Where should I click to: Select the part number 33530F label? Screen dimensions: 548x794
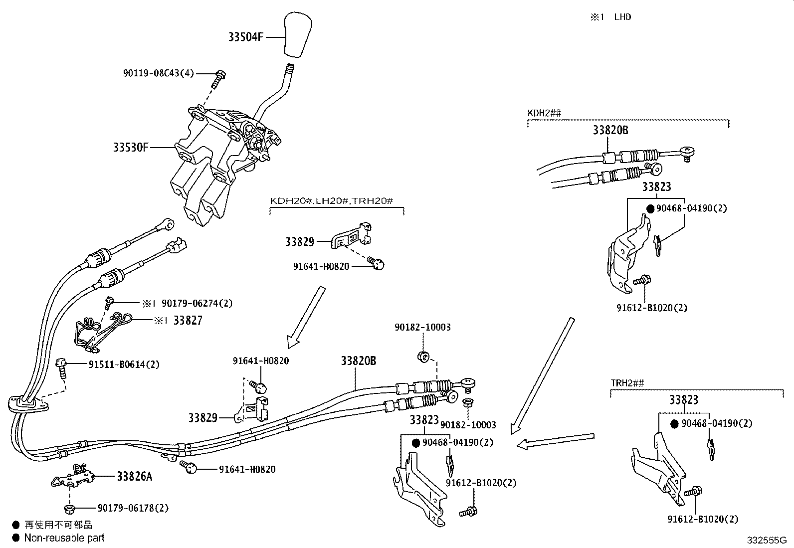click(131, 148)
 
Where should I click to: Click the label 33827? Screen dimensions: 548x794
click(188, 321)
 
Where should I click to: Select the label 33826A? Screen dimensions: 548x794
click(134, 476)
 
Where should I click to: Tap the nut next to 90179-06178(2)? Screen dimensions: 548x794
click(69, 509)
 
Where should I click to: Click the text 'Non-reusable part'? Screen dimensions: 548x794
click(64, 538)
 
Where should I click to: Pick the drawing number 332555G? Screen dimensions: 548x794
click(766, 540)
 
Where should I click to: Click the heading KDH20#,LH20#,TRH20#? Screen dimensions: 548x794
click(332, 201)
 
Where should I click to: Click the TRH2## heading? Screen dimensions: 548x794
click(627, 383)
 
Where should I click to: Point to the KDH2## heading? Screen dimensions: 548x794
click(544, 113)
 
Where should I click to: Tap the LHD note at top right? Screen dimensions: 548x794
click(622, 17)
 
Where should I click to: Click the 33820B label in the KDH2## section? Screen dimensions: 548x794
click(610, 131)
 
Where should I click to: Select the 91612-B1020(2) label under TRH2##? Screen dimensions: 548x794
click(703, 519)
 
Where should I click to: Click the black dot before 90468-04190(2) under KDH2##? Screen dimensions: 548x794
click(650, 208)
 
